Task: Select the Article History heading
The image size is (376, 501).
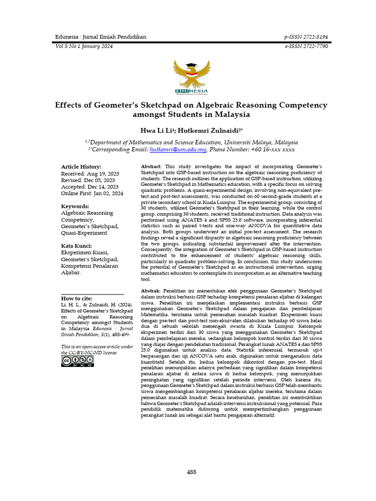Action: (x=81, y=167)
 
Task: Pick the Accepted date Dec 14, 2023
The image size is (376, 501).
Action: (x=89, y=187)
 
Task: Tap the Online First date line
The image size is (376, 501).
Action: (x=92, y=193)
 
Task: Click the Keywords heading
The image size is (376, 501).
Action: (x=75, y=206)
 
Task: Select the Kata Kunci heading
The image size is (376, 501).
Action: (x=76, y=246)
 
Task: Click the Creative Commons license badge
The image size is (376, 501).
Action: (x=77, y=361)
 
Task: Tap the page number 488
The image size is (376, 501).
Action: (x=191, y=472)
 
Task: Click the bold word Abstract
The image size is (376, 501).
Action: (x=151, y=167)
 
